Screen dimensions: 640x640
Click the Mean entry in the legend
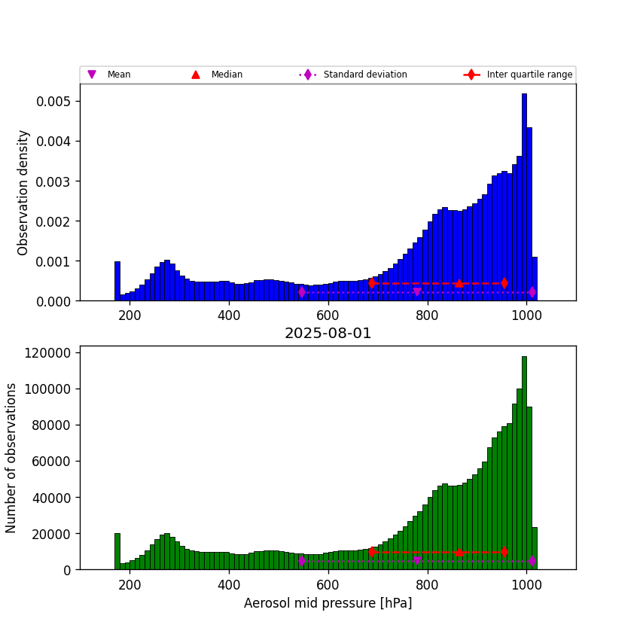click(118, 75)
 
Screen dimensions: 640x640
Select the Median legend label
click(227, 75)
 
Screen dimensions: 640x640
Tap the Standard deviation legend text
click(365, 75)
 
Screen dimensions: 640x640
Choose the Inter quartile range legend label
click(529, 75)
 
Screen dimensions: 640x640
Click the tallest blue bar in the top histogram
click(524, 196)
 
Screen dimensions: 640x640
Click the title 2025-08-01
click(328, 334)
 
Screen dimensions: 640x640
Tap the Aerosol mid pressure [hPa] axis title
click(328, 603)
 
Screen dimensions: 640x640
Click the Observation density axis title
click(23, 192)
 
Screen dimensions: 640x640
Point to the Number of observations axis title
click(11, 458)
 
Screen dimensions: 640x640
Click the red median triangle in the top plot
click(459, 283)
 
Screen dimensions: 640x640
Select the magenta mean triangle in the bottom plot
click(417, 561)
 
